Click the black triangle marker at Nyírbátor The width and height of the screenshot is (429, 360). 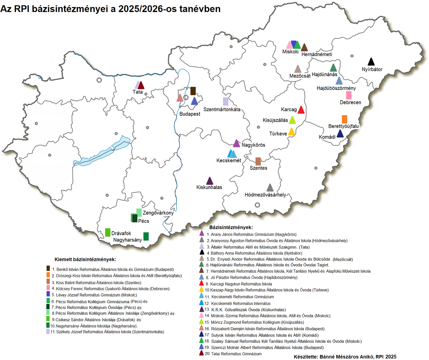[x=371, y=62]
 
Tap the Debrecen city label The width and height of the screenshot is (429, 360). [x=350, y=102]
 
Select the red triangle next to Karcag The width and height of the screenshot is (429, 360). [x=301, y=110]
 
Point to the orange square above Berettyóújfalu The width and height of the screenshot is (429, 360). [x=344, y=119]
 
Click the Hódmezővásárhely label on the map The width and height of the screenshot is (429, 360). [x=265, y=195]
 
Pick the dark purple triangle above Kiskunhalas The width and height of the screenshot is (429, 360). [x=209, y=181]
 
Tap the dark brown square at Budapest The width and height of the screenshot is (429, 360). [x=193, y=91]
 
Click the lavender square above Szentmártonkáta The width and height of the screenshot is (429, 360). [x=226, y=101]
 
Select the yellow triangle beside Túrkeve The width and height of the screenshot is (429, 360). [x=292, y=132]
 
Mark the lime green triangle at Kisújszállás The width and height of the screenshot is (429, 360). [x=292, y=120]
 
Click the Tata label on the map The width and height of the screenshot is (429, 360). [x=137, y=92]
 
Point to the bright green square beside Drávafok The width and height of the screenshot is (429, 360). [x=108, y=232]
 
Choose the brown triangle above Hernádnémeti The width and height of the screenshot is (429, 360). [x=304, y=48]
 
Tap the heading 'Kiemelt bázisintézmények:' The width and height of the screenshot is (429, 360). [x=85, y=259]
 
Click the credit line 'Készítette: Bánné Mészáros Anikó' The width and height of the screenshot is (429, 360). [x=345, y=357]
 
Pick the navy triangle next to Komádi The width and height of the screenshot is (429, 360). [x=340, y=134]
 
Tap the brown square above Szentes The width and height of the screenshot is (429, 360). [x=258, y=161]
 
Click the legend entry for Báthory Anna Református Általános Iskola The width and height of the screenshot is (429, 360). [x=254, y=253]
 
